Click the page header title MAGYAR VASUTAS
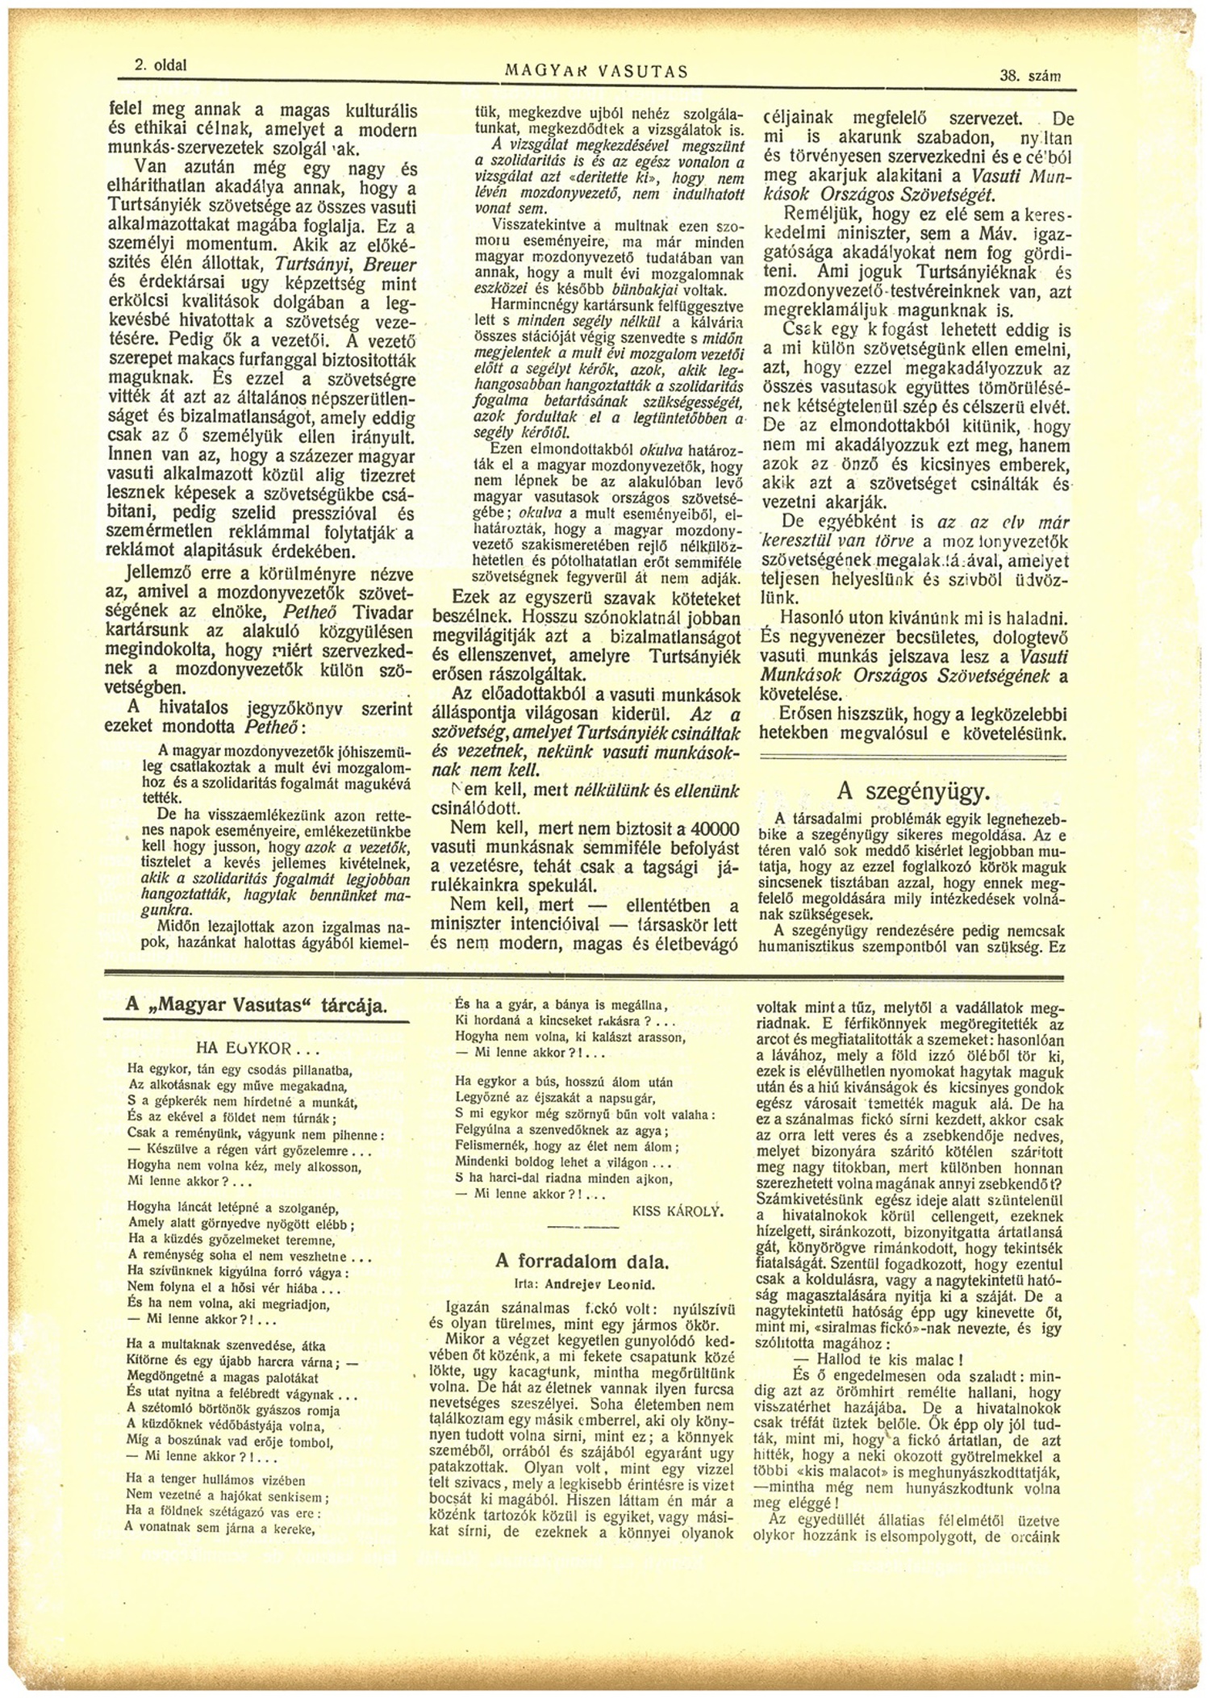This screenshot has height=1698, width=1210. tap(596, 71)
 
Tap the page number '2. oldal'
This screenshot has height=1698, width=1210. tap(161, 65)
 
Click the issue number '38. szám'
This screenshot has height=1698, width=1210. tap(1029, 76)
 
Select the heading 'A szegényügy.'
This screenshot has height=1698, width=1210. tap(913, 790)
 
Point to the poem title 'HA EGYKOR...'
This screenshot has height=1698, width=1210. tap(258, 1049)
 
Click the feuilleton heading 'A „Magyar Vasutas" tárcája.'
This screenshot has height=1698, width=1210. tap(257, 1005)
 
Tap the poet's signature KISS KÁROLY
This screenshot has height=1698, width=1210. tap(678, 1211)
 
